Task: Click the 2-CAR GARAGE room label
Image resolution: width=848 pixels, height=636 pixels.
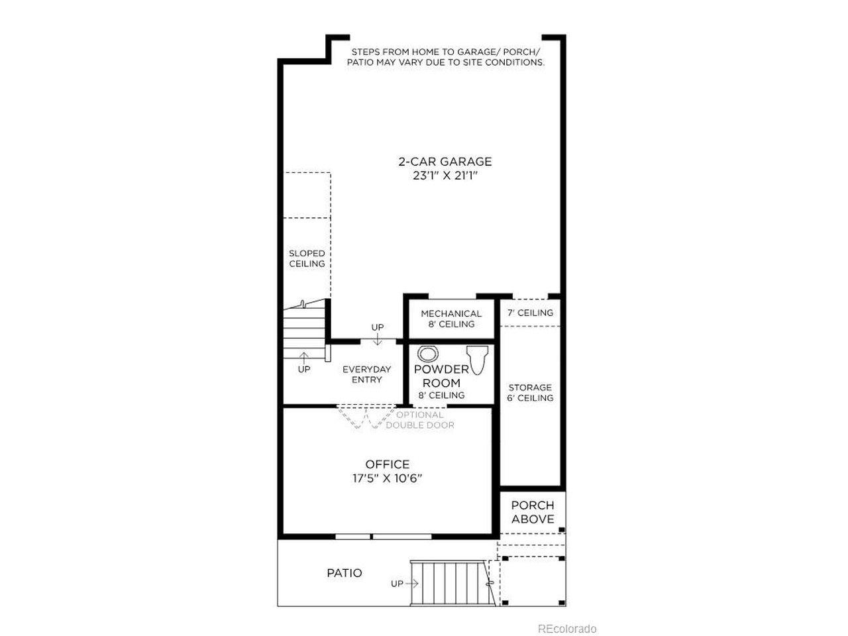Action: click(445, 162)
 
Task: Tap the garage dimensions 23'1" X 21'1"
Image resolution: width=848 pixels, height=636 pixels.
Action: click(445, 176)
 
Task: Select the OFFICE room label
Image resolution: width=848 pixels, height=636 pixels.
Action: click(387, 464)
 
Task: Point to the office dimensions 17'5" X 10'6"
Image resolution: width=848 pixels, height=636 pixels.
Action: click(387, 478)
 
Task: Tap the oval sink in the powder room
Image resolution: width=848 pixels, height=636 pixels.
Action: click(428, 354)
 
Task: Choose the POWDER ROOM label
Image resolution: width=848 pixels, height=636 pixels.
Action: click(441, 376)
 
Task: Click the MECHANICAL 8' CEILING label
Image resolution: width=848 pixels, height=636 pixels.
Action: click(451, 319)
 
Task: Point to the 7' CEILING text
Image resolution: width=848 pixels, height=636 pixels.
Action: click(530, 313)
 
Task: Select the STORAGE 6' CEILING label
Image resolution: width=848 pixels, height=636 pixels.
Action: click(530, 392)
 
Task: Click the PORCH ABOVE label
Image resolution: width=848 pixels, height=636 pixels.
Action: click(533, 512)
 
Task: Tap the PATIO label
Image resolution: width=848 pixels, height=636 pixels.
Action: click(344, 573)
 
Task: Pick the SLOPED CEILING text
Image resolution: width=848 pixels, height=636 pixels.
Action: click(307, 258)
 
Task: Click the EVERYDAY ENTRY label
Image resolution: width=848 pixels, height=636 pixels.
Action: click(366, 374)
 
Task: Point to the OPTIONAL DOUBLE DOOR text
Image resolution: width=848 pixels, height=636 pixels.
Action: click(420, 420)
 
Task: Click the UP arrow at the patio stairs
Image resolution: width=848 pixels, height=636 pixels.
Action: click(412, 584)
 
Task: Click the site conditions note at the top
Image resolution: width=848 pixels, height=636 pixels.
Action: click(446, 57)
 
